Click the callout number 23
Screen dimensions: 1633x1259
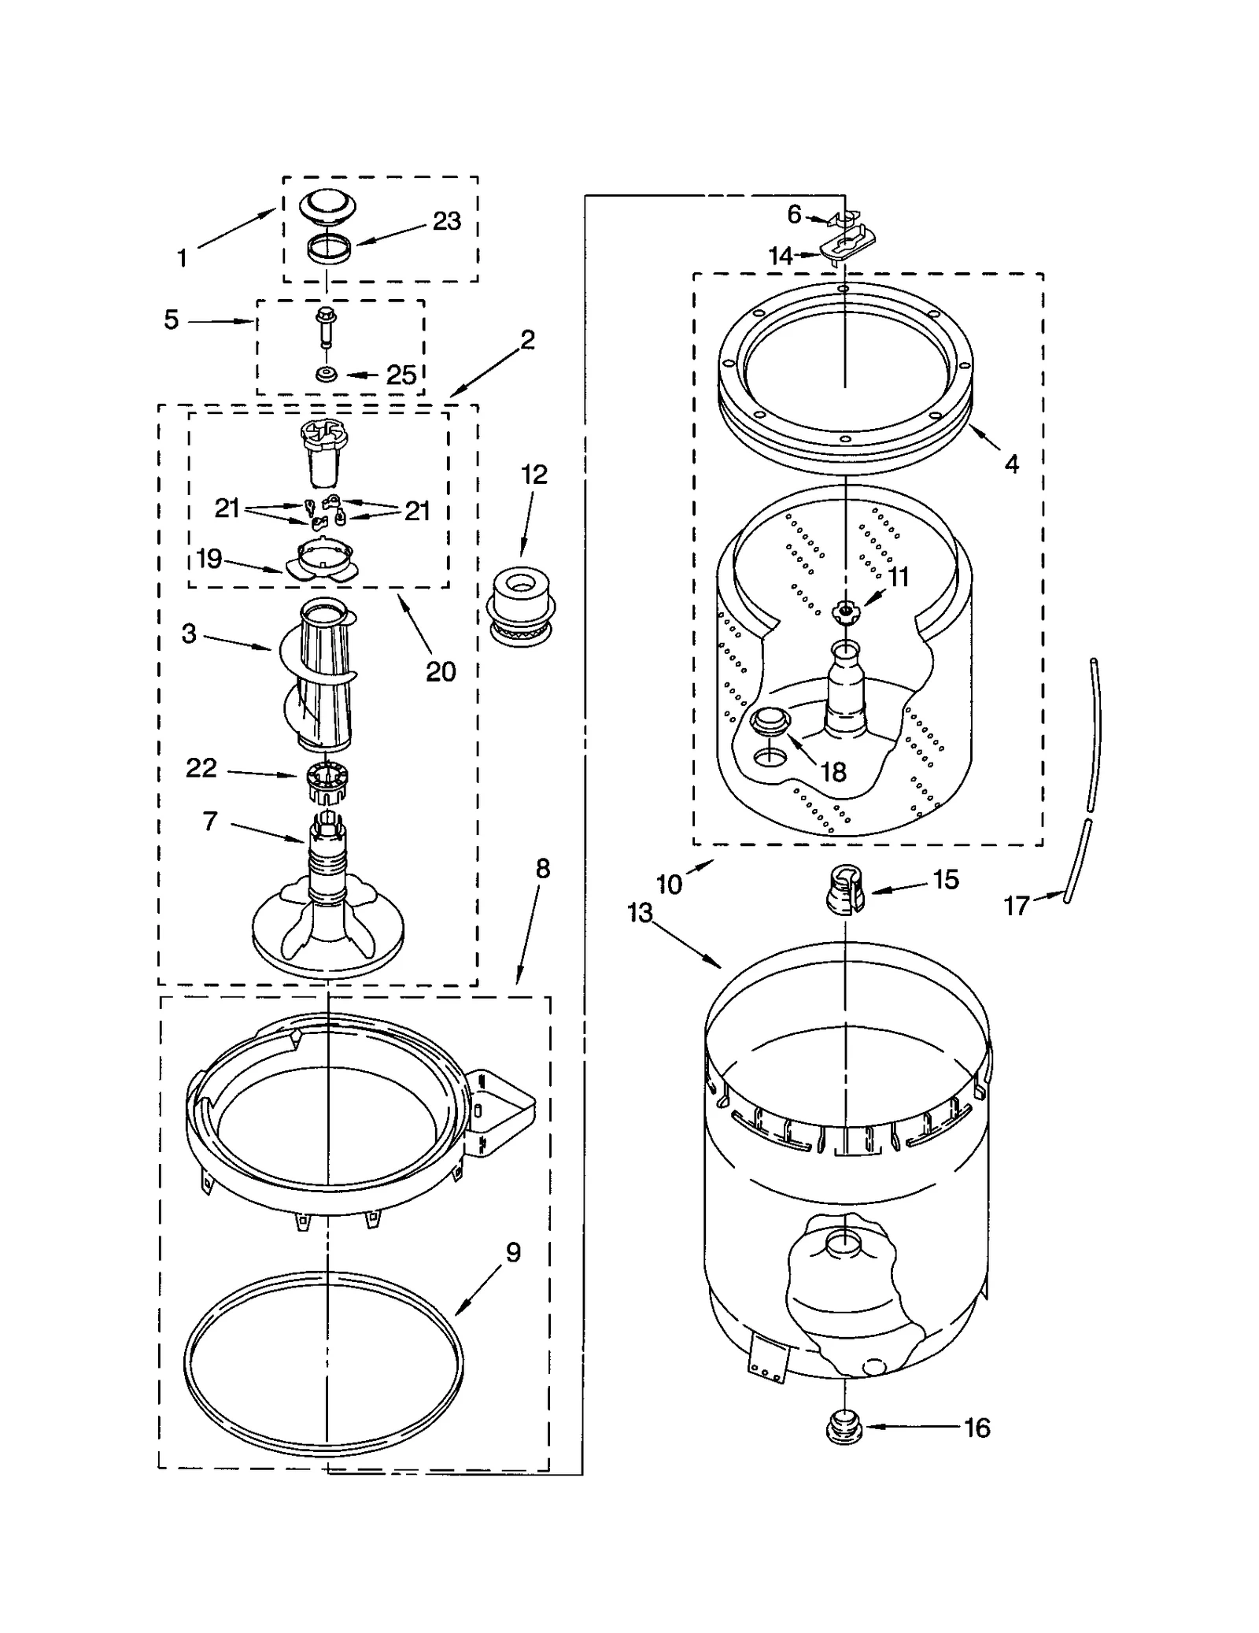click(446, 221)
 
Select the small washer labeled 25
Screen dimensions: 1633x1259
click(326, 375)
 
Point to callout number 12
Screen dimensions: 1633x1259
click(534, 475)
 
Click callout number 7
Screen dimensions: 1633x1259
click(209, 822)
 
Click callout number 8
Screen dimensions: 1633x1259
click(543, 869)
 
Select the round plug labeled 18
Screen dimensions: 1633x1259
click(770, 720)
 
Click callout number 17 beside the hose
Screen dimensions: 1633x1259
click(1017, 906)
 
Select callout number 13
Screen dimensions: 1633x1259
click(640, 913)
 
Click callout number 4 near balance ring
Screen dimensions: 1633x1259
click(1011, 464)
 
